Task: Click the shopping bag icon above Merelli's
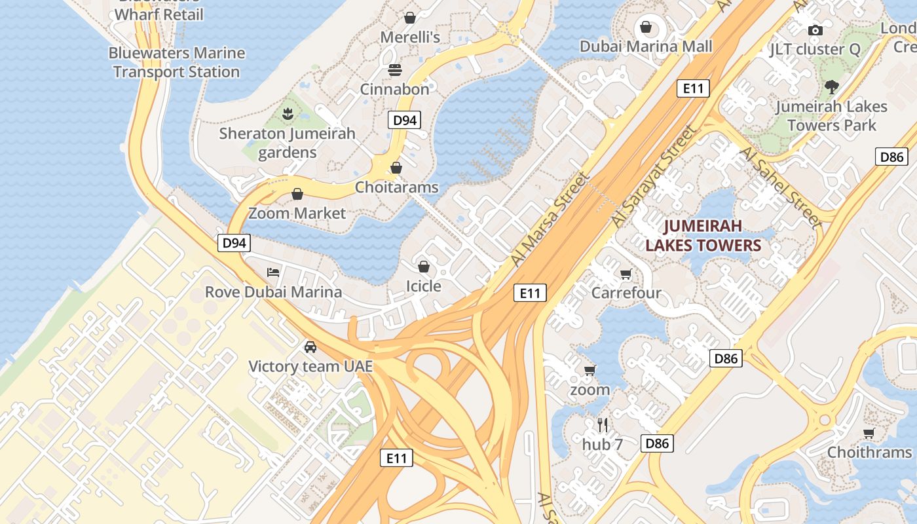click(x=410, y=17)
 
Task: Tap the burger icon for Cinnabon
click(x=395, y=69)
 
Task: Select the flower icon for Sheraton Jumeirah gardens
click(x=287, y=114)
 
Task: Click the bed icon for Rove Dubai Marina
click(x=273, y=272)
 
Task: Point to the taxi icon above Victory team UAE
click(x=310, y=347)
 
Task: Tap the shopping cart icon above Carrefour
click(x=626, y=274)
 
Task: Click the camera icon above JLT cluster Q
click(x=815, y=30)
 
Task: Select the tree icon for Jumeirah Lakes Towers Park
click(x=832, y=86)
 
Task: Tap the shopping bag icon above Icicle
click(x=424, y=267)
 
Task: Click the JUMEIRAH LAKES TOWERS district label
click(x=703, y=236)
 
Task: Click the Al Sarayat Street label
click(x=654, y=176)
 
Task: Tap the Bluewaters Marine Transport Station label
click(x=176, y=62)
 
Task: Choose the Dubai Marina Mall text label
click(x=646, y=47)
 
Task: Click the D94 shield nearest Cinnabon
click(x=404, y=120)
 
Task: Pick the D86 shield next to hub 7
click(x=657, y=443)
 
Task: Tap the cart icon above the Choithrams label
click(x=869, y=433)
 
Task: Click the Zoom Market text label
click(x=297, y=213)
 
